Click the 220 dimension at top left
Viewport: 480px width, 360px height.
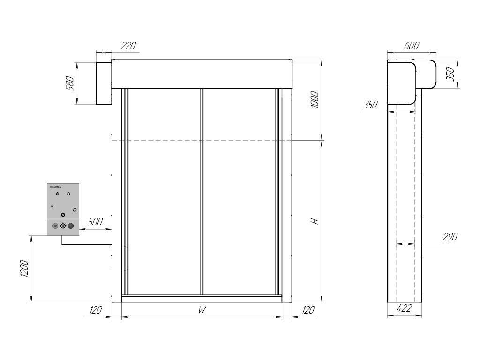128,46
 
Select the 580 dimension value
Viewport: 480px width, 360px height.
71,83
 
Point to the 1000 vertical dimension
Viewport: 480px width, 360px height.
315,100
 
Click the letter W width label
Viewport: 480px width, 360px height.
202,310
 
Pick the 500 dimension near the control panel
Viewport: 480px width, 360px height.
95,222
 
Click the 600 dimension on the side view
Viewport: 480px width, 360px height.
411,46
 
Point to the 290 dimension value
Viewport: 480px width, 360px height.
450,237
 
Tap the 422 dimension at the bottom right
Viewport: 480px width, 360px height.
404,308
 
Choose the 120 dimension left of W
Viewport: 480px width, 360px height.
96,310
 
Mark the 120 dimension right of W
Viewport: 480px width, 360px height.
307,310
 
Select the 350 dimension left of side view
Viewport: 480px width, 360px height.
370,105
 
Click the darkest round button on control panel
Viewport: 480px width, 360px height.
71,226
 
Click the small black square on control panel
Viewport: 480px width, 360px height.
52,206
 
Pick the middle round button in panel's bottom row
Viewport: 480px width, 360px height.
63,226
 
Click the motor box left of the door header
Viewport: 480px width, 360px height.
103,83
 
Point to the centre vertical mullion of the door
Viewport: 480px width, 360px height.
201,192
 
